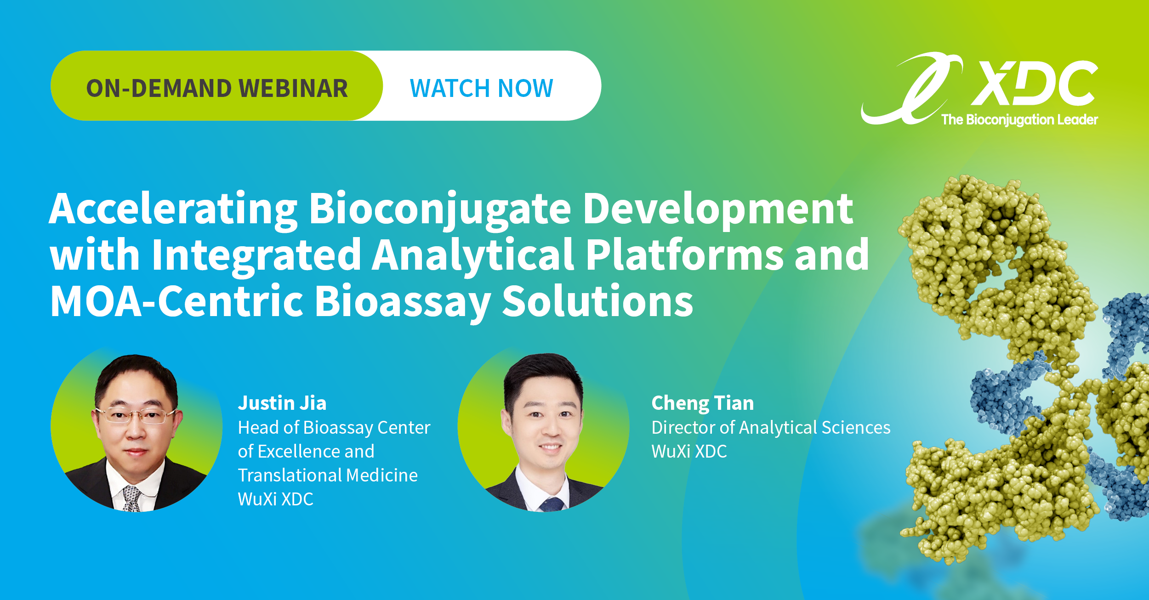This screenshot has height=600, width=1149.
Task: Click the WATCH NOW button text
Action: pyautogui.click(x=482, y=88)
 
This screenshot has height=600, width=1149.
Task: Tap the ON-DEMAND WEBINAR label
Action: pyautogui.click(x=217, y=88)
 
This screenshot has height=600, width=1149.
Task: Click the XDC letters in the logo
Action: pyautogui.click(x=1035, y=83)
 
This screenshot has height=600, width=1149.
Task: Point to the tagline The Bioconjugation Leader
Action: pyautogui.click(x=1019, y=120)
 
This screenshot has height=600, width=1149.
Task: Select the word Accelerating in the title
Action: pyautogui.click(x=173, y=210)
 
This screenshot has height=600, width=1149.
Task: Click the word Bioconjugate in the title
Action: pyautogui.click(x=440, y=210)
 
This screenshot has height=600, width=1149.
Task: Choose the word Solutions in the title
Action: pyautogui.click(x=597, y=301)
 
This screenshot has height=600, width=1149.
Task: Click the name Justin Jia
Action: pyautogui.click(x=282, y=403)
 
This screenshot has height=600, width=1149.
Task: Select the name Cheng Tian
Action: pyautogui.click(x=703, y=403)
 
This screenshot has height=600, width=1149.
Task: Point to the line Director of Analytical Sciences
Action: pyautogui.click(x=771, y=428)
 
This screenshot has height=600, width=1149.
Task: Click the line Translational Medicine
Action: pyautogui.click(x=328, y=475)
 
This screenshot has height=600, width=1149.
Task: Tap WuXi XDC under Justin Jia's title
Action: pyautogui.click(x=275, y=499)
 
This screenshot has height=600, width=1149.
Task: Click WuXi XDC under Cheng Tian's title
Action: pyautogui.click(x=689, y=452)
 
